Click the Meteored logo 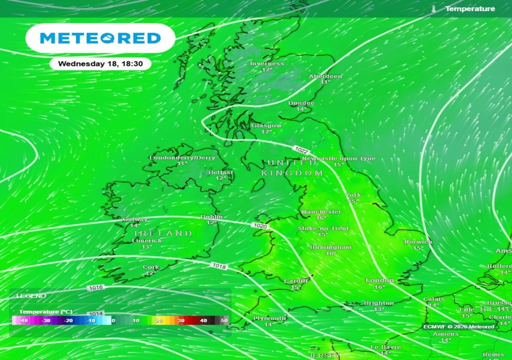(100, 38)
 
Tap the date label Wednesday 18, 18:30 (100, 64)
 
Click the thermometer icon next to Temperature (433, 9)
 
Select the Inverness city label (267, 64)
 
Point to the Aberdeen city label (325, 76)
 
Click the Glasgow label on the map (266, 125)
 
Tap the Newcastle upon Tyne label (338, 158)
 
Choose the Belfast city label (221, 172)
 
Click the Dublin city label (211, 216)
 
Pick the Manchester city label (321, 212)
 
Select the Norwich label (418, 242)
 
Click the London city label (379, 280)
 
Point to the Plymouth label (269, 318)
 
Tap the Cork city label (151, 267)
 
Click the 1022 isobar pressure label (301, 150)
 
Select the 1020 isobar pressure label (260, 226)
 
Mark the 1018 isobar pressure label (219, 266)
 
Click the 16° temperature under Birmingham (330, 253)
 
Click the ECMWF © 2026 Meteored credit (459, 326)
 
